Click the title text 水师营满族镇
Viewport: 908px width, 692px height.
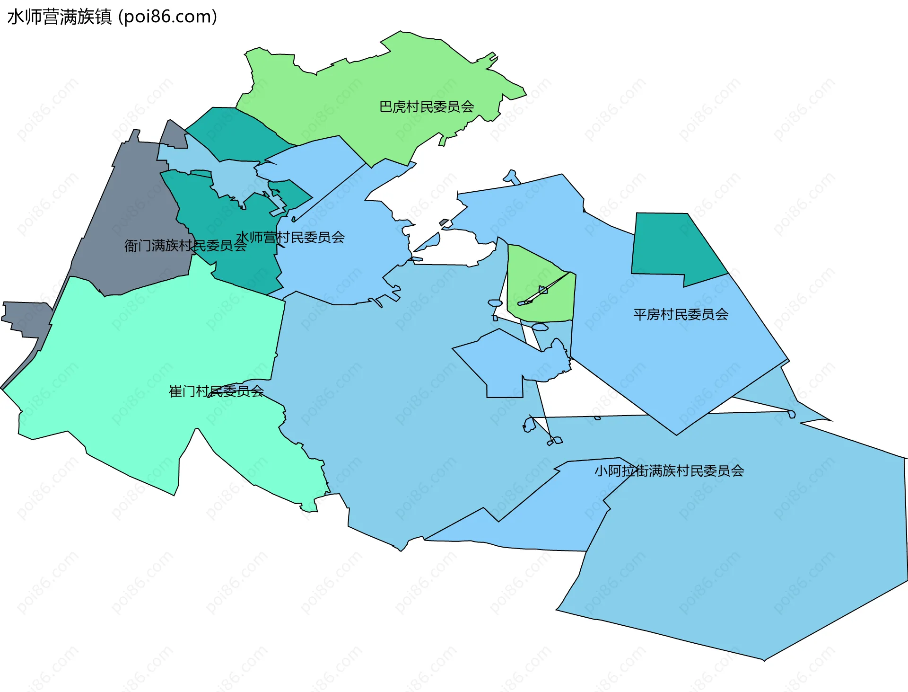click(60, 17)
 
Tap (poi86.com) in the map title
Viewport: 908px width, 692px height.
click(167, 17)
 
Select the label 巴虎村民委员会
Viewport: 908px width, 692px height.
click(427, 107)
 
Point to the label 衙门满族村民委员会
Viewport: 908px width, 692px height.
click(185, 246)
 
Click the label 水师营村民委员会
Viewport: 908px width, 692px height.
click(290, 237)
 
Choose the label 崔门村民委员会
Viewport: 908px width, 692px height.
click(216, 391)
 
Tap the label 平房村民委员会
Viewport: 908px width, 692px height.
click(681, 314)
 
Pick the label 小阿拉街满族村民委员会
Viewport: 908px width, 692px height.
click(669, 471)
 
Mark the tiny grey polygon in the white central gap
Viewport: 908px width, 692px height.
click(444, 222)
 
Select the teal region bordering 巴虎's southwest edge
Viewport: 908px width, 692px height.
click(236, 130)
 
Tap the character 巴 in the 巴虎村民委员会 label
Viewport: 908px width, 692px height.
click(386, 107)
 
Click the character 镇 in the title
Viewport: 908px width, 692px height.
click(104, 17)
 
